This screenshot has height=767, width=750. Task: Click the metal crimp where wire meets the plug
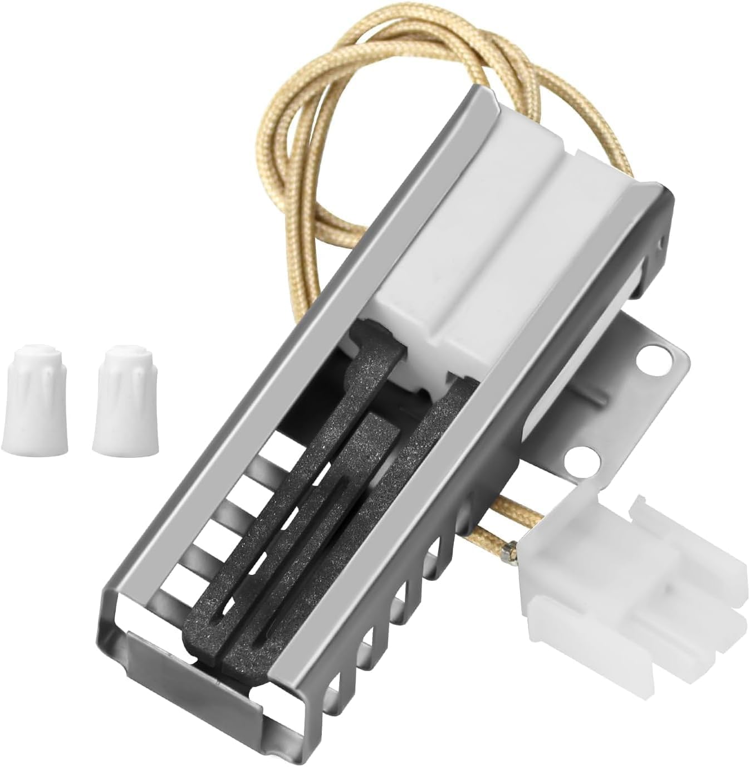pos(508,551)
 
